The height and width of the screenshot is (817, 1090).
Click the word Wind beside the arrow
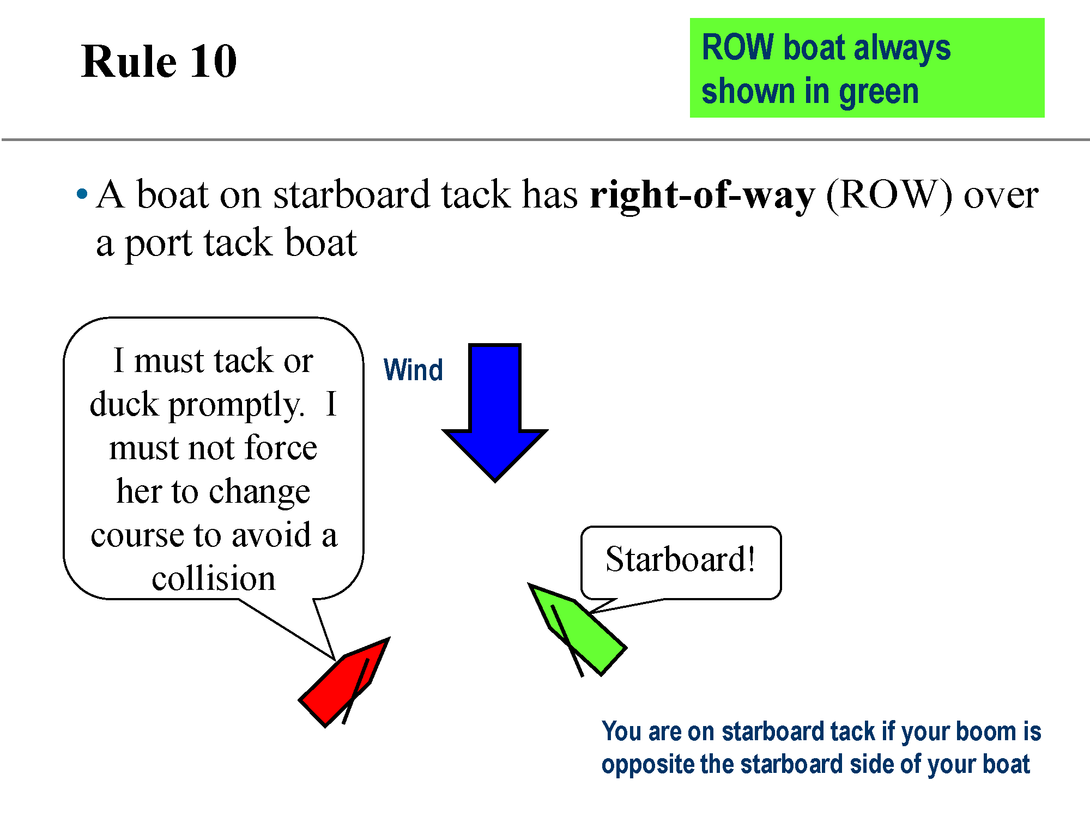[413, 370]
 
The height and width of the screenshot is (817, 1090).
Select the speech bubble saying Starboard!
[681, 562]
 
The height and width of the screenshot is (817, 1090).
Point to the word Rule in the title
[129, 61]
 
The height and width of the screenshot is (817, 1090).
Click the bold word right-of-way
[703, 195]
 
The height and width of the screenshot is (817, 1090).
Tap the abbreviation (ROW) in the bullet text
[889, 195]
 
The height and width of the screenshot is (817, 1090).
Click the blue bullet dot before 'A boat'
[82, 193]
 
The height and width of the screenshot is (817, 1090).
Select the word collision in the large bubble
[214, 578]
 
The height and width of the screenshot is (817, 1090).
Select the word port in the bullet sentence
[159, 243]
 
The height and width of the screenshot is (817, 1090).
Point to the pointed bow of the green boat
[529, 584]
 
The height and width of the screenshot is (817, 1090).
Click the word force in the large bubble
[281, 448]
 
